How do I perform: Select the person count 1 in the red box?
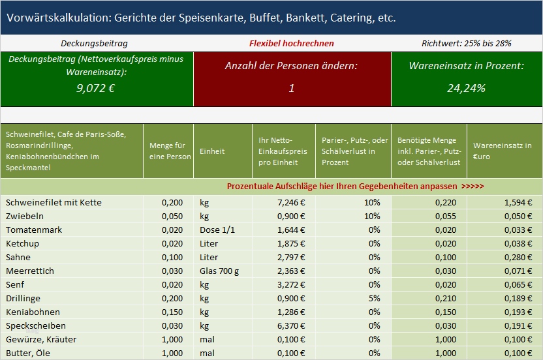point(292,88)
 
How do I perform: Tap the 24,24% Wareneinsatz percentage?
point(466,88)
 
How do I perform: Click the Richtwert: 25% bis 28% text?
point(466,43)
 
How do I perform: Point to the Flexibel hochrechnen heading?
point(291,43)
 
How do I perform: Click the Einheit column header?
point(212,151)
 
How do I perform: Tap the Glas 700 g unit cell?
point(219,271)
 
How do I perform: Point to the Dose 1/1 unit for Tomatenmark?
point(217,230)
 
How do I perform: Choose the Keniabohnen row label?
point(33,312)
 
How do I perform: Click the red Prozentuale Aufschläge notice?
point(355,186)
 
